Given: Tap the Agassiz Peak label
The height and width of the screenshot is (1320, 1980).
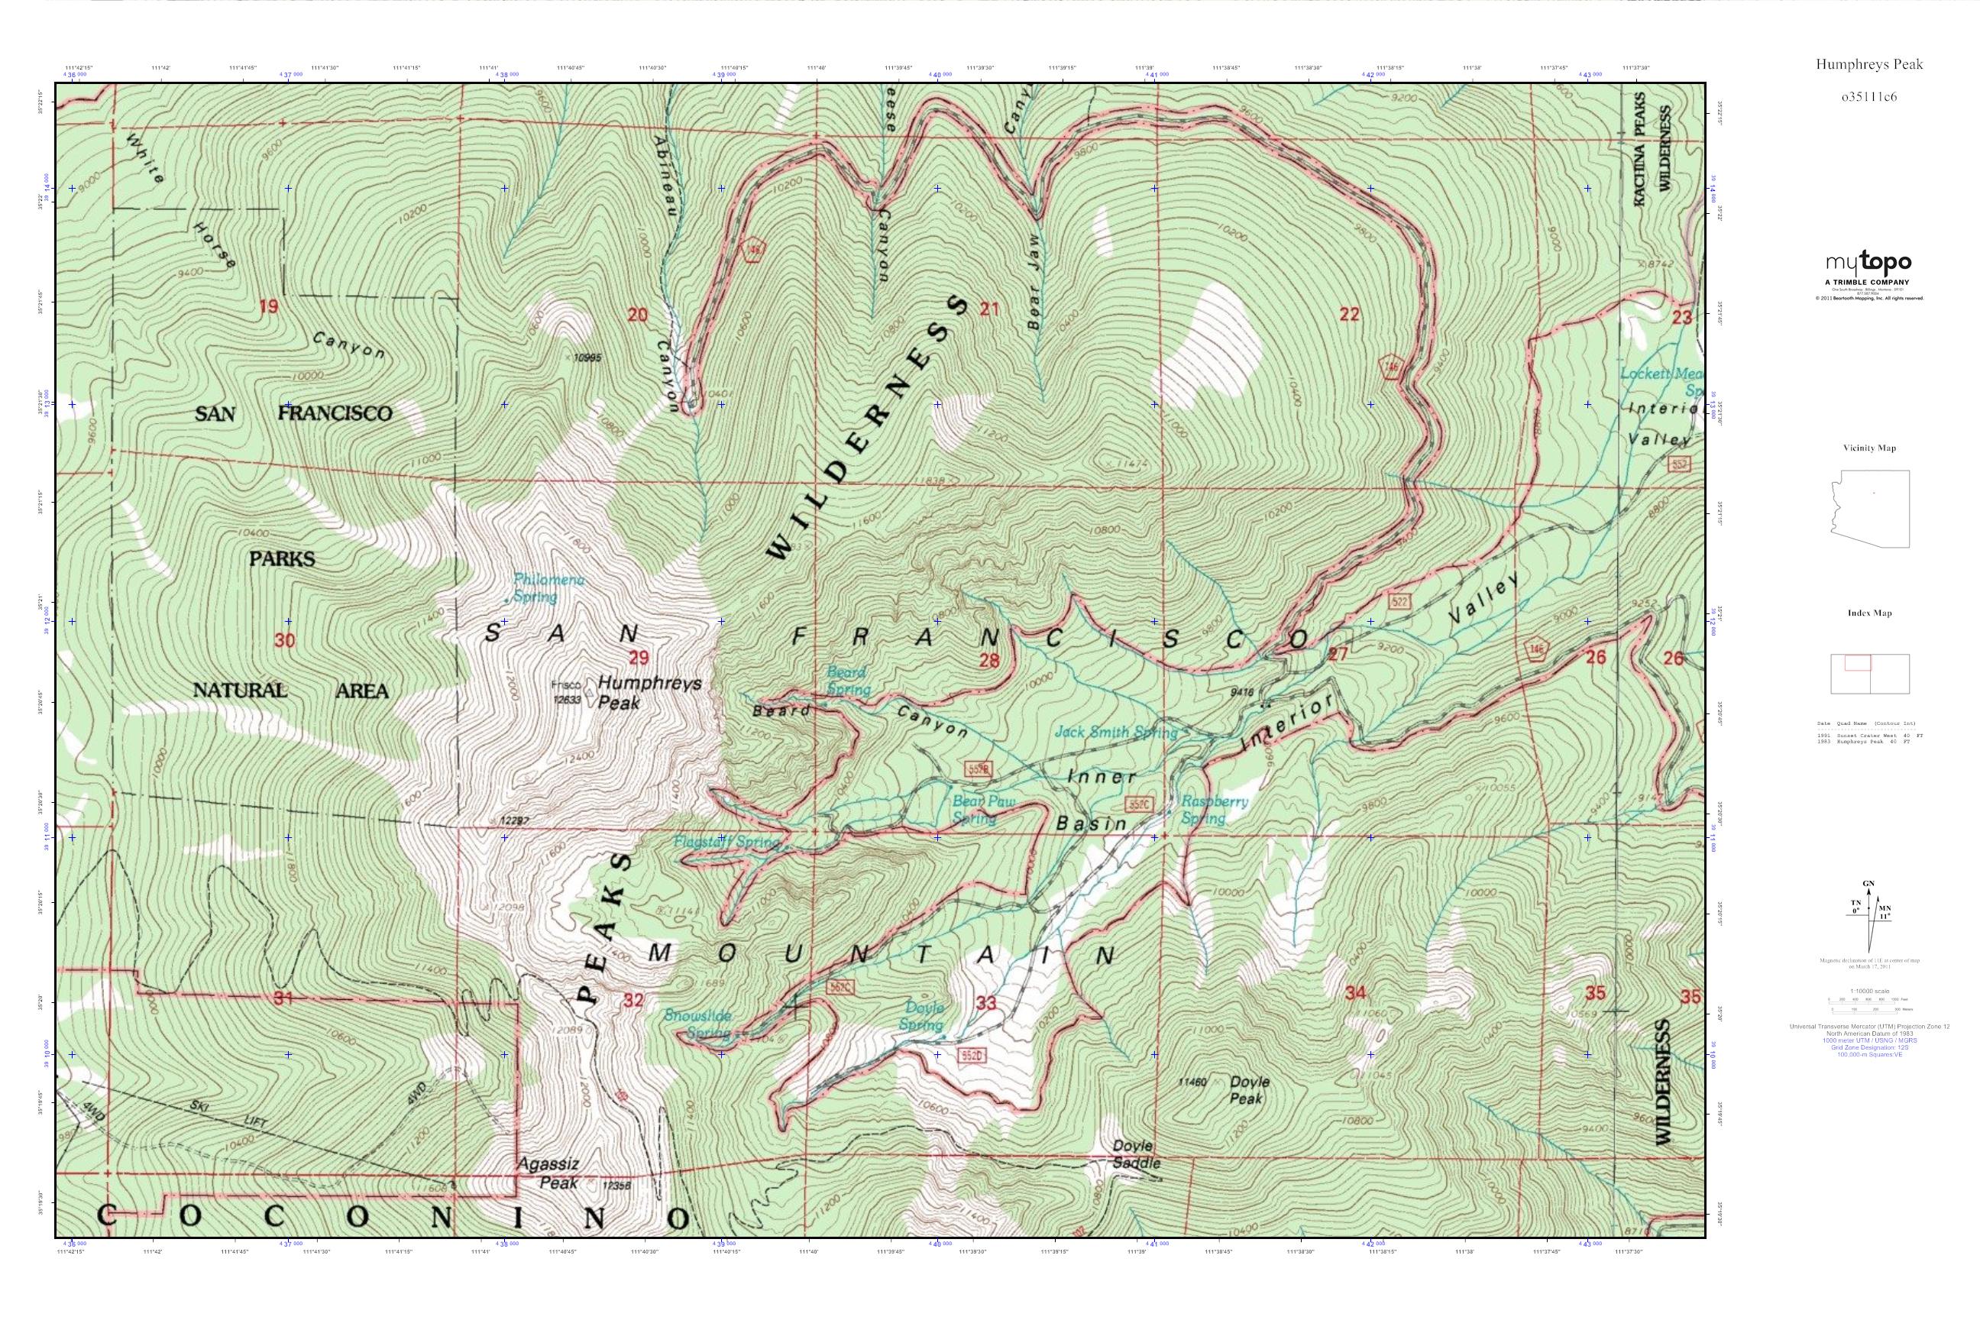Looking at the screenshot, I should tap(547, 1173).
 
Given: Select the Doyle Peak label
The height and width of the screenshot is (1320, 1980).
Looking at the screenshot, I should tap(1248, 1090).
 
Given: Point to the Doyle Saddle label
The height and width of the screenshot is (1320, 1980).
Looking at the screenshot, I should tap(1136, 1155).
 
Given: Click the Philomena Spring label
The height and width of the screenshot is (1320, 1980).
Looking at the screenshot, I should tap(547, 588).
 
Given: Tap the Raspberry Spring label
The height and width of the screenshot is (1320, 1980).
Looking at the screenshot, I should tap(1213, 809).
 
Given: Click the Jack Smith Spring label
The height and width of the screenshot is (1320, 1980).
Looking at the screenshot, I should tap(1116, 732).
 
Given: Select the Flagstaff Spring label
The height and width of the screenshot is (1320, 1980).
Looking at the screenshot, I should tap(726, 842).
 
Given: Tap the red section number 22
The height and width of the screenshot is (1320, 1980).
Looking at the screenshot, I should tap(1348, 314).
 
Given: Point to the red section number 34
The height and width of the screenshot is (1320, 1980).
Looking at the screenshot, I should tap(1354, 992).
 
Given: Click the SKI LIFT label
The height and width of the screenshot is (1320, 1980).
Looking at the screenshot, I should tap(228, 1113).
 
